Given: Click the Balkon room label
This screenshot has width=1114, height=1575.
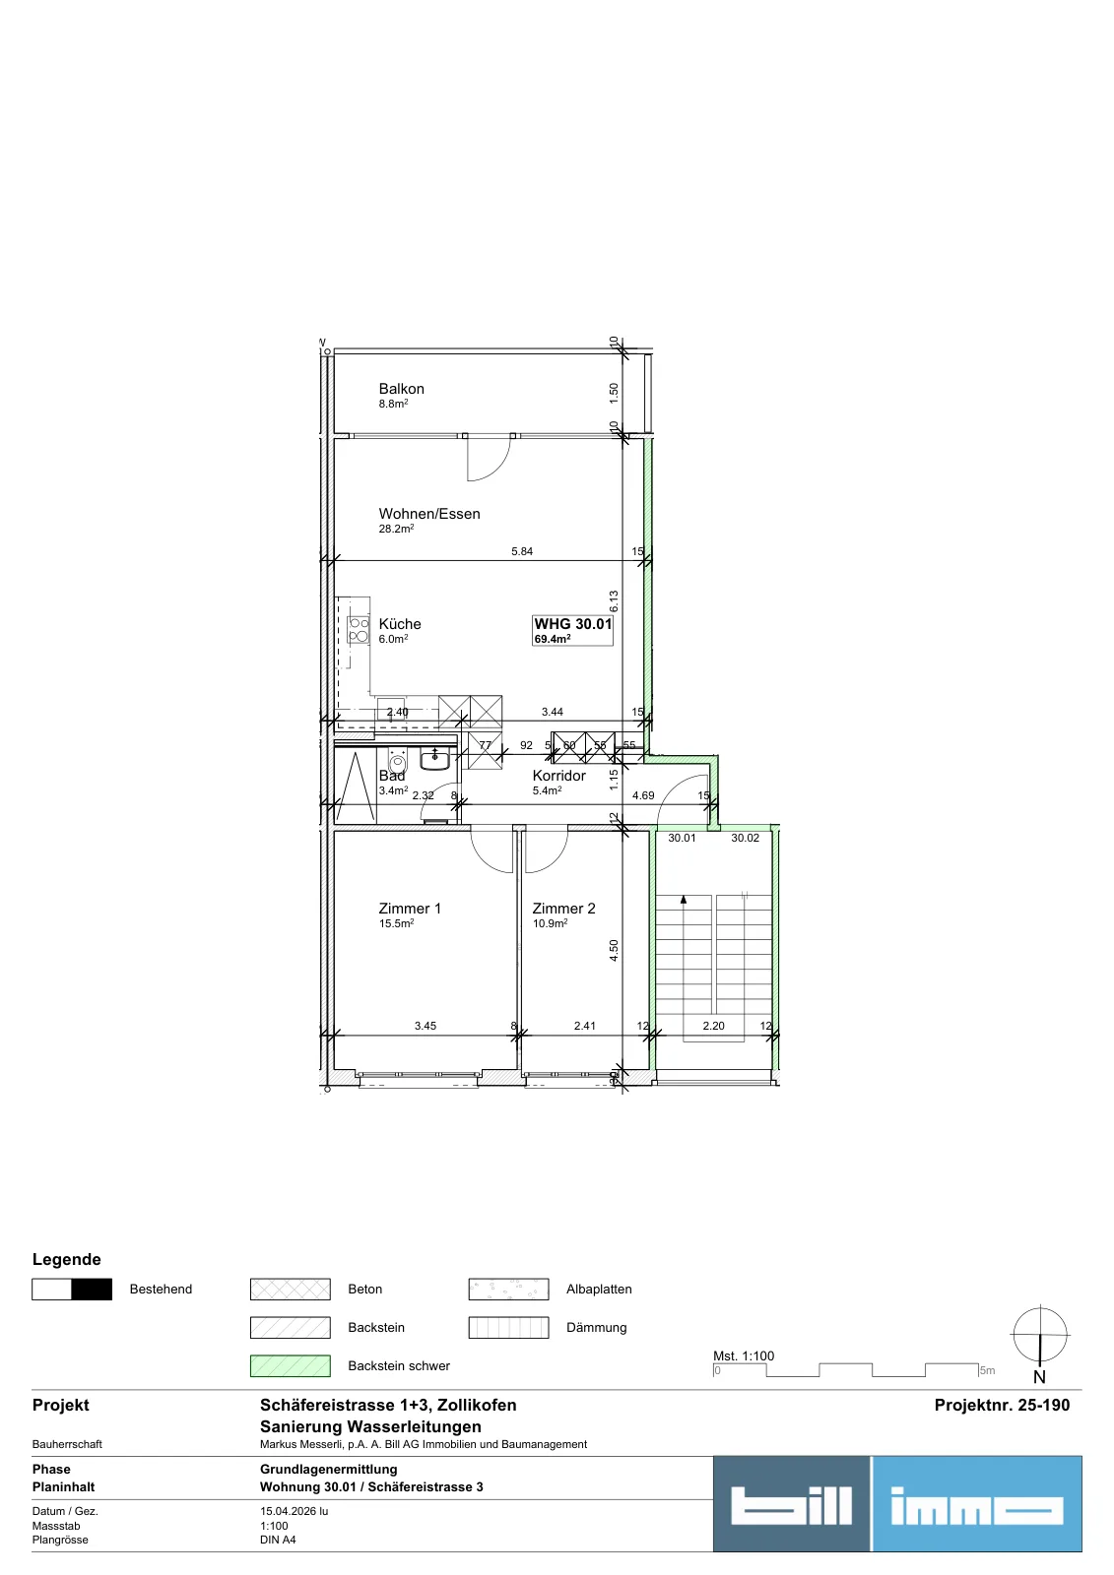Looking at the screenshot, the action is (401, 389).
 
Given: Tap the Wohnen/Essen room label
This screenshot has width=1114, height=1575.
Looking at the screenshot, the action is (429, 514).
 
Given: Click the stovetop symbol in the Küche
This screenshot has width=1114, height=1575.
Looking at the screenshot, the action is (359, 630).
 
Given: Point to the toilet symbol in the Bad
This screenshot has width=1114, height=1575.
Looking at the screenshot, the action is (397, 762).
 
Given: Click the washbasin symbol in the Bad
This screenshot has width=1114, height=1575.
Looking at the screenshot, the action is (435, 759).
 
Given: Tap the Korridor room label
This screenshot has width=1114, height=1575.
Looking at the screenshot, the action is (558, 776).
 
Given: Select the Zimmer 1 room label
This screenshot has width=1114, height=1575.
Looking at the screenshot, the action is (410, 909).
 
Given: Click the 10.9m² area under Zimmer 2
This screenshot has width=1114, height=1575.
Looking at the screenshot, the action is (550, 924).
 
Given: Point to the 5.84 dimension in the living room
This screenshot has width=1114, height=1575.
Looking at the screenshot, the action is (521, 552).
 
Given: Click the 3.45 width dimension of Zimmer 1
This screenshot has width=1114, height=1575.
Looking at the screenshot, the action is (426, 1026).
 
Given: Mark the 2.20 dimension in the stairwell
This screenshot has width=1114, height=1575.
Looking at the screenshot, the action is (713, 1026).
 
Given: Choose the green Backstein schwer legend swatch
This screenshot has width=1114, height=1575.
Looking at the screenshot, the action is (290, 1365).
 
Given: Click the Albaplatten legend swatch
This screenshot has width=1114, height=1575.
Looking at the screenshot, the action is (508, 1289).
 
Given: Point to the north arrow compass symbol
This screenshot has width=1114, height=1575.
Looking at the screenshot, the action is (1039, 1335).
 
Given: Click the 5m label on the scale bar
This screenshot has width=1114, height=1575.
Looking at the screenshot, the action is (987, 1370).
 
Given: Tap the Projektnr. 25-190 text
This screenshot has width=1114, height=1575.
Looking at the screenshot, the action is (1002, 1405).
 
